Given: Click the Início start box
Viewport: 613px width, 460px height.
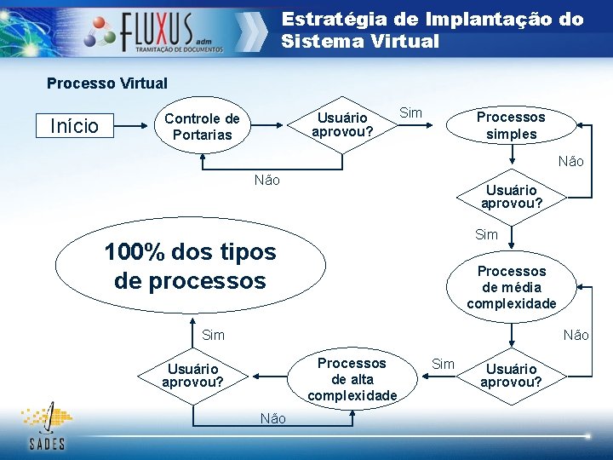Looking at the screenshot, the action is tap(75, 127).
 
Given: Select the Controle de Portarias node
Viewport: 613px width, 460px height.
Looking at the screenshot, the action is tap(202, 127).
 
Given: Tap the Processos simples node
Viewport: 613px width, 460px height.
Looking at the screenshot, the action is tap(511, 126).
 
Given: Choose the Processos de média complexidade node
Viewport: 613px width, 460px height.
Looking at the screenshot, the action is tap(511, 287).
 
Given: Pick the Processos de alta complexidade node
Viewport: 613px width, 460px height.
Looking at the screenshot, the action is tap(352, 379).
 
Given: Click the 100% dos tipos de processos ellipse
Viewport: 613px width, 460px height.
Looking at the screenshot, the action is tap(191, 266).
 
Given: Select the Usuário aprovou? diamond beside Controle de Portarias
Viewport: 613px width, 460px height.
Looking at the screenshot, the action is tap(341, 124).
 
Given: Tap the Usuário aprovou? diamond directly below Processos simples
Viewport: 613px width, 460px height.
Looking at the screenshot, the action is tap(511, 197).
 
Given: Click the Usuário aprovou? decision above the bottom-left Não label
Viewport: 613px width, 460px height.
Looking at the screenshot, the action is tap(192, 376).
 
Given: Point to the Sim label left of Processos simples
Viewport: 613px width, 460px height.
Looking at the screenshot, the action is tap(410, 113).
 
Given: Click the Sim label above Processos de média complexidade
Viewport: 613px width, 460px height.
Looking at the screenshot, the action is tap(486, 234).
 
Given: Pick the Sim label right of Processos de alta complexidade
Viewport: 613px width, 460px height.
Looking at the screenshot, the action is tap(444, 365).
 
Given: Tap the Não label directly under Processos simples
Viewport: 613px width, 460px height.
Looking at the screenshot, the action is tap(570, 161).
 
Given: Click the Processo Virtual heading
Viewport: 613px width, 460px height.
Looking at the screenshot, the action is tap(107, 83).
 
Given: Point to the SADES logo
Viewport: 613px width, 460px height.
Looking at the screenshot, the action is tap(47, 426).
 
